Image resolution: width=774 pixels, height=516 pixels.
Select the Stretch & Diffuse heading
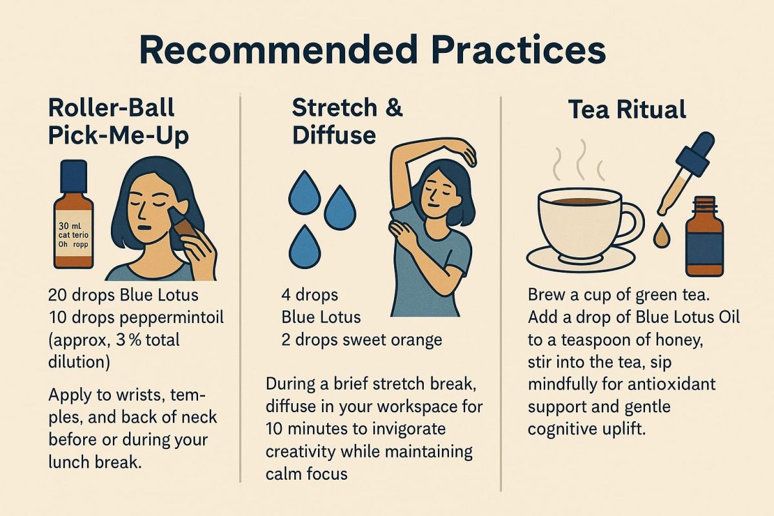(347, 121)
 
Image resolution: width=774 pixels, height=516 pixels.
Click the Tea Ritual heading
(627, 110)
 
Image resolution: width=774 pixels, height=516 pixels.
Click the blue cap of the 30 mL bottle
(73, 175)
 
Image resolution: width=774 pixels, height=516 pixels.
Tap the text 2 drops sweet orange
(362, 339)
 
